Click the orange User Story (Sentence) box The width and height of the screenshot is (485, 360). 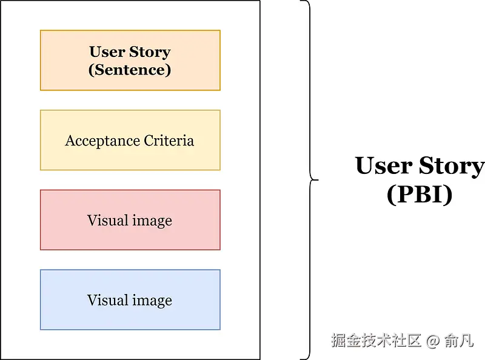click(x=130, y=61)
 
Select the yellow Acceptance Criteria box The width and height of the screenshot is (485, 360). click(x=130, y=140)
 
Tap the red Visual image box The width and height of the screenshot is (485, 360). click(x=130, y=219)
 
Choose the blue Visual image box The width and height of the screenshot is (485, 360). click(x=130, y=299)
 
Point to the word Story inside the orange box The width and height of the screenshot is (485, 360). click(x=151, y=52)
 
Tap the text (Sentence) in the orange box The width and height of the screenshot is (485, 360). click(x=130, y=70)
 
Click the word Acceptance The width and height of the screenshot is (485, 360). click(x=102, y=141)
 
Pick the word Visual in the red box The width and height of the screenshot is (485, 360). click(x=107, y=220)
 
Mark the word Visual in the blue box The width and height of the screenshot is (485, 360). click(x=107, y=300)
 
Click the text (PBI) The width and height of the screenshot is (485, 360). click(x=420, y=195)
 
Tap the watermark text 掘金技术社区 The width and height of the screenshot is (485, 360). click(x=376, y=341)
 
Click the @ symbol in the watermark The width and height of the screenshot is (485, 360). click(x=432, y=341)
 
